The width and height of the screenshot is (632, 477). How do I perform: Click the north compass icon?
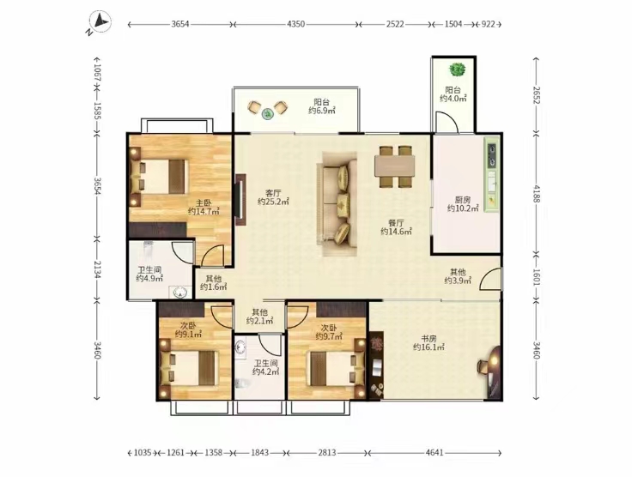pos(99,23)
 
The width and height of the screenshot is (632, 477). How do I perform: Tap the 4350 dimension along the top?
pos(296,24)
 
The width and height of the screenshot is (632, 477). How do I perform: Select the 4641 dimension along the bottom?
pos(434,453)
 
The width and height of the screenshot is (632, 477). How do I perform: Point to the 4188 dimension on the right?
pos(536,194)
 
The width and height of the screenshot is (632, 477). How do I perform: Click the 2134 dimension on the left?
pos(97,269)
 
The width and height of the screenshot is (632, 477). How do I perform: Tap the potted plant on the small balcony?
pos(457,70)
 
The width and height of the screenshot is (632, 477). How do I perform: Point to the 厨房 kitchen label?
pos(463,200)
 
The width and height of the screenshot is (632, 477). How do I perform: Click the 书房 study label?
pos(428,339)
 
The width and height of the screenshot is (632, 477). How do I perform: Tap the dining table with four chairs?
pos(395,166)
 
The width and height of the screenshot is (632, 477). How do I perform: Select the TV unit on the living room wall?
pos(240,200)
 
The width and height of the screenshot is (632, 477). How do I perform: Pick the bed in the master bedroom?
pos(159,177)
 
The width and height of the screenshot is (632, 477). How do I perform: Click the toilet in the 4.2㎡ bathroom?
pos(240,384)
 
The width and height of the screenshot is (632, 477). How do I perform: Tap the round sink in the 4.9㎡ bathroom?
pos(180,293)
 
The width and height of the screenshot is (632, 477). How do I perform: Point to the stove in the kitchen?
pos(491,155)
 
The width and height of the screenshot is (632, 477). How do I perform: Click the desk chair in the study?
pos(482,366)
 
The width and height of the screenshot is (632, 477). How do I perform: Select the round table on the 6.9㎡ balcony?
pos(267,114)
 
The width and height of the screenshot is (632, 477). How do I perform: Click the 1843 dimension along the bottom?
pos(260,453)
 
